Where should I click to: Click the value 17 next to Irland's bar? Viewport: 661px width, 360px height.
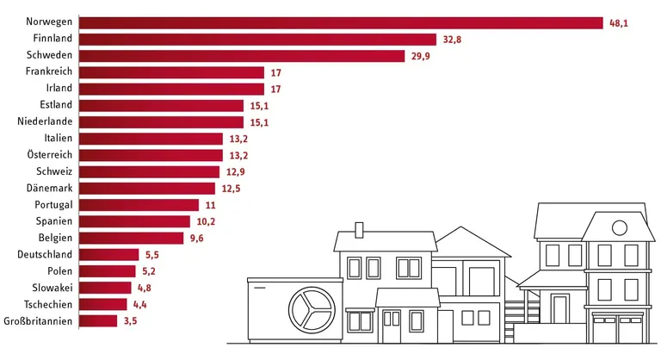[275, 90]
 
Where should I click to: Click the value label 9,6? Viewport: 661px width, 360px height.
[198, 239]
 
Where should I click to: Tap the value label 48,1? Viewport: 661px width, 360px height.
[620, 23]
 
